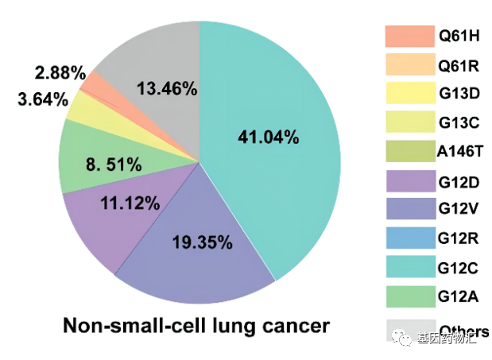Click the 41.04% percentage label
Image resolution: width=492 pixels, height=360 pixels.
[x=268, y=137]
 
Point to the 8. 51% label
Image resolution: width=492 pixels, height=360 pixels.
[x=113, y=165]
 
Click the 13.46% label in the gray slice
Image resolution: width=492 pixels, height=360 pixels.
[x=166, y=88]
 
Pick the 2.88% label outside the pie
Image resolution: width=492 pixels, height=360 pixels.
[x=60, y=74]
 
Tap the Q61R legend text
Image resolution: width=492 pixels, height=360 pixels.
[x=459, y=64]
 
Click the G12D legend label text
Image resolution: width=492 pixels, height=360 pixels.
[x=459, y=181]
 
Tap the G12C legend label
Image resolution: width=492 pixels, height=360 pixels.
[x=459, y=268]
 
